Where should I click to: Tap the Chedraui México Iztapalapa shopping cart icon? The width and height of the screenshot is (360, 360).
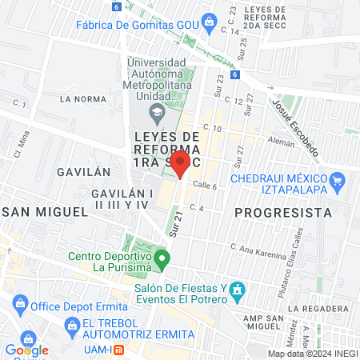pos(337,180)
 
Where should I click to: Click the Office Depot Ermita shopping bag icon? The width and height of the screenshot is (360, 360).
pos(20,306)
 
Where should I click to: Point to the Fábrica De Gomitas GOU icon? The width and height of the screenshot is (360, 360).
pos(210,22)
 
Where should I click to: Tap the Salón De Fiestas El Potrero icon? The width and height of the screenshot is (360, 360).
pos(236,290)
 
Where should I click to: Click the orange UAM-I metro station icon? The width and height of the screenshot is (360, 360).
pos(119,350)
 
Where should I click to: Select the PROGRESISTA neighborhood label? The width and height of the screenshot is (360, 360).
pos(284,213)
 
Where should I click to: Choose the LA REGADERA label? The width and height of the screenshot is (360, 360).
pos(319,308)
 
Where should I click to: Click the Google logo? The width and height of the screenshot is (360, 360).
pos(26,350)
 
